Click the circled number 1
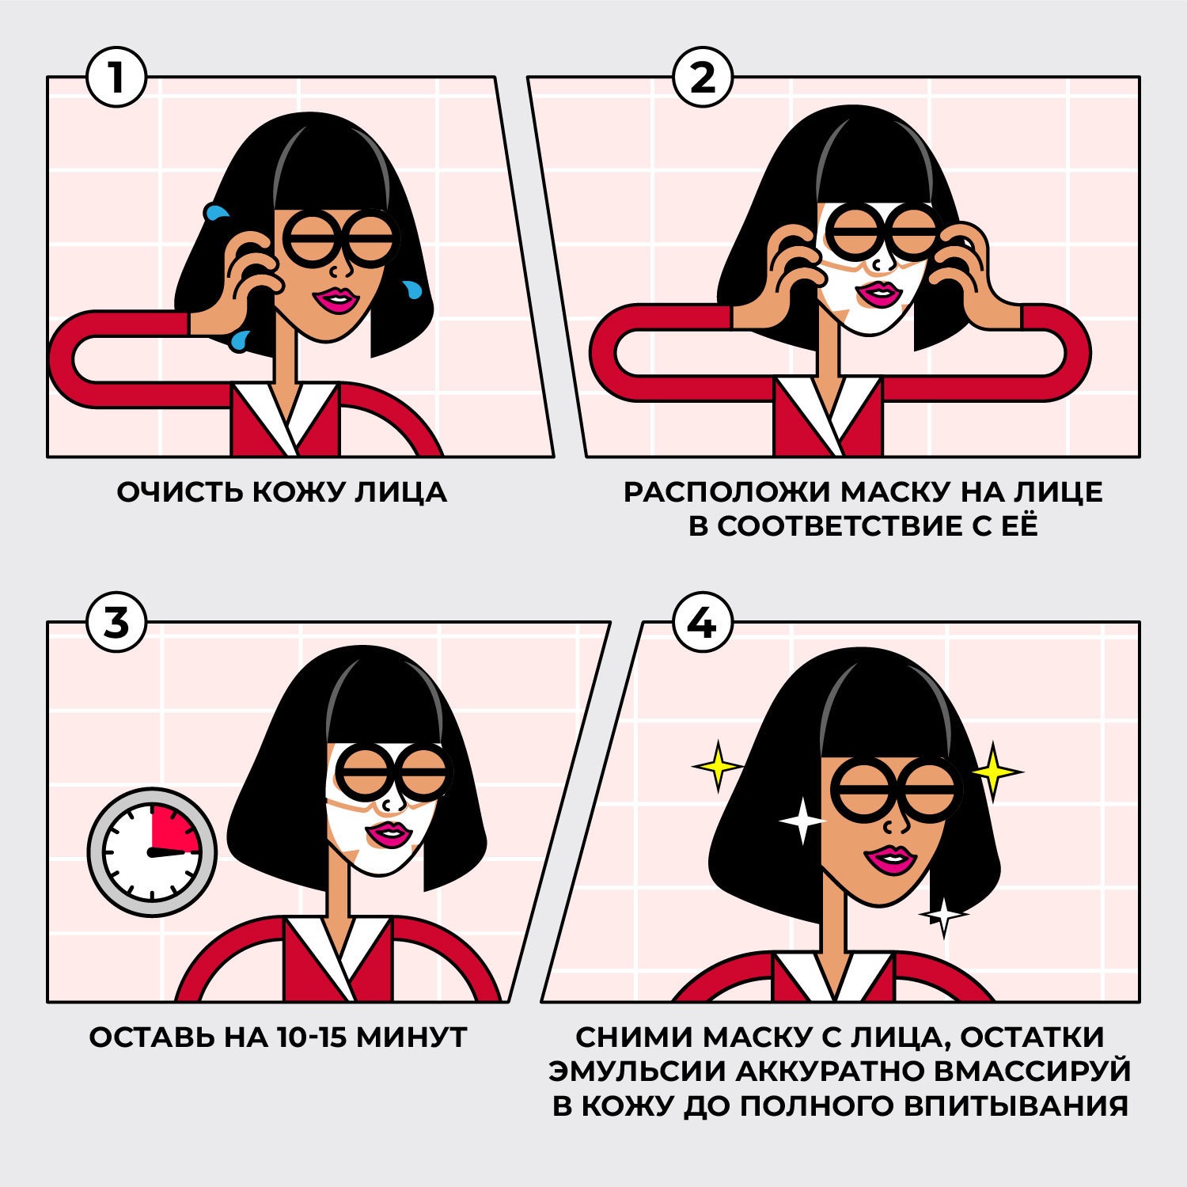[116, 78]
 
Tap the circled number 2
[702, 78]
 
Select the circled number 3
[116, 623]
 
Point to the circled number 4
[702, 624]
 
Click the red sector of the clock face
[174, 831]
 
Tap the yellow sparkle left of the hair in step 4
[717, 766]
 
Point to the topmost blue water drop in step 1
[215, 212]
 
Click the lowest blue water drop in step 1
[239, 341]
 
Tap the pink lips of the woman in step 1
[336, 300]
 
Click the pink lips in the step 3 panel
[388, 833]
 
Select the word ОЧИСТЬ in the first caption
[180, 492]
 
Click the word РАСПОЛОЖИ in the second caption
[727, 492]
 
